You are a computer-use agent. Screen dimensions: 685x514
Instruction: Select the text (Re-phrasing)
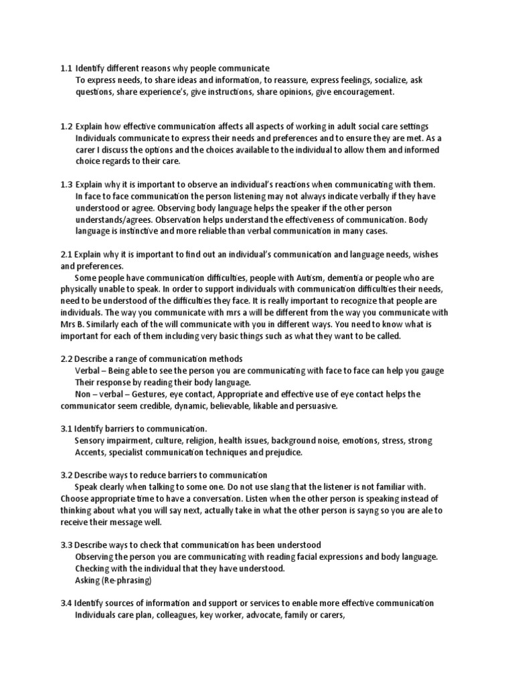pyautogui.click(x=126, y=580)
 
